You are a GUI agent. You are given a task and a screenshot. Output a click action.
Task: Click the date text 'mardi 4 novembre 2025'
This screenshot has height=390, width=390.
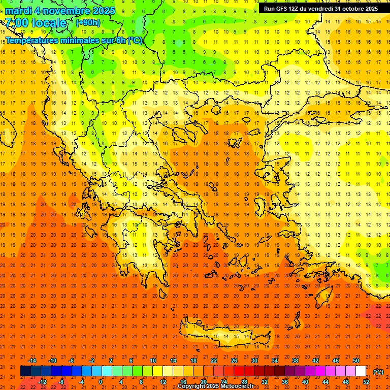coord(60,11)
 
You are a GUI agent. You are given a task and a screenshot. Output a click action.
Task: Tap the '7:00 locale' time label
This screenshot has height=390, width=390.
coord(36,23)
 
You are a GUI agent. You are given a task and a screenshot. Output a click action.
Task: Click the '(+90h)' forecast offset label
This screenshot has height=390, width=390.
coord(88,22)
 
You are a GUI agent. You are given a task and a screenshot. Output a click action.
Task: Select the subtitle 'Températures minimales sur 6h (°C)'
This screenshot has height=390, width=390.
coord(74,41)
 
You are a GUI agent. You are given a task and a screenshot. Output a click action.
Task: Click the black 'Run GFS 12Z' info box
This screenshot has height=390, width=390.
coord(320,9)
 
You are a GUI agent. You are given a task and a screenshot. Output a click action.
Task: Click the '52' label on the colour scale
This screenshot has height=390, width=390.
coord(366,382)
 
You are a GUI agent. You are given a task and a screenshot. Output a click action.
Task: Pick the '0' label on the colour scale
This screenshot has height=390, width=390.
coord(101,382)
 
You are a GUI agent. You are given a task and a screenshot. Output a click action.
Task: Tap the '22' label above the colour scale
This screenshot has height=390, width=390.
coord(214,361)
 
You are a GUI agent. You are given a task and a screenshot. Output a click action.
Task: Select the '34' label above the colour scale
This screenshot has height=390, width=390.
coord(275,361)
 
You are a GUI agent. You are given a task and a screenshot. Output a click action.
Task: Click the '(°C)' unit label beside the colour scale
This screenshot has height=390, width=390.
coord(378,372)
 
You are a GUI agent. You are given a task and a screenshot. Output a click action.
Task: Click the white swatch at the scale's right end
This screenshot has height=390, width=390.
coord(361,371)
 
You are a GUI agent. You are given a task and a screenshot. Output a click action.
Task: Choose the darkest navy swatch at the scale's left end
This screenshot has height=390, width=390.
coord(25,371)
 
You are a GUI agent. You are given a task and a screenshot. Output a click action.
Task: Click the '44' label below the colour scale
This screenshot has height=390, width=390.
coord(326,382)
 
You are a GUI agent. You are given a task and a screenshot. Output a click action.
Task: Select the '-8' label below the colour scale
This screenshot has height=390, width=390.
coord(61,382)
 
